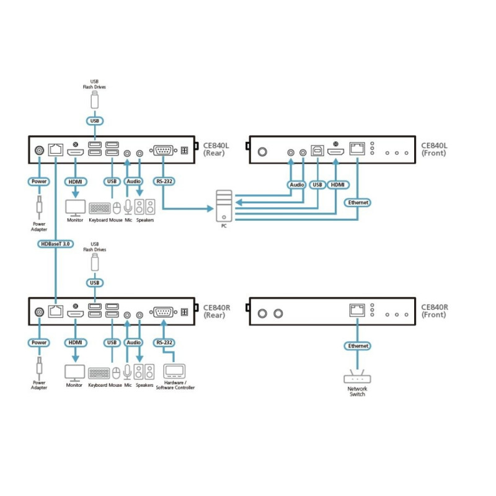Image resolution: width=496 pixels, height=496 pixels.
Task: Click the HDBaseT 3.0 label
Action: click(55, 244)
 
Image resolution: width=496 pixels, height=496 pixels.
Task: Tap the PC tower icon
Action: click(224, 206)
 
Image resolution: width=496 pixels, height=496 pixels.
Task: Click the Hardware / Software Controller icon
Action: click(175, 372)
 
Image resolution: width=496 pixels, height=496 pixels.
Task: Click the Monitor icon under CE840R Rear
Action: click(74, 373)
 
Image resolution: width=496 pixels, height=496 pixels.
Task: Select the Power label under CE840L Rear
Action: click(38, 182)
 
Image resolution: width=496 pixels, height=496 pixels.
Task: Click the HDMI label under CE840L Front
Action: click(337, 185)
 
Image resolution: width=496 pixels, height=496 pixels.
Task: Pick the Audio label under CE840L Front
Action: click(296, 185)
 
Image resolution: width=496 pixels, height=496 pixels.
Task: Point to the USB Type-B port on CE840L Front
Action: click(317, 151)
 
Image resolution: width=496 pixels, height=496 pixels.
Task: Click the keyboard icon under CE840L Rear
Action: click(99, 208)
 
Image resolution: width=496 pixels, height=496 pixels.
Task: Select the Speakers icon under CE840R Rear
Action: click(145, 372)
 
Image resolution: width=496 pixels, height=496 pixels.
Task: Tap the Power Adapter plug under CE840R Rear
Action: click(38, 368)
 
